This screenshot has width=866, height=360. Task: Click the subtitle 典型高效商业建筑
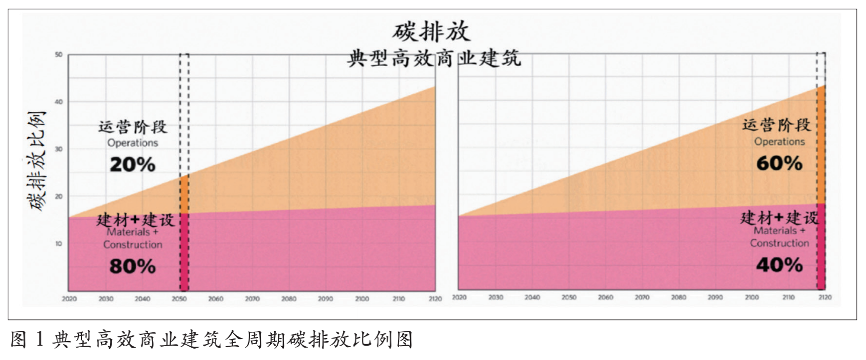[x=433, y=59]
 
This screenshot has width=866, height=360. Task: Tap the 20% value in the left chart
[x=132, y=164]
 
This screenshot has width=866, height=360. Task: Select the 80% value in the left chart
[x=132, y=266]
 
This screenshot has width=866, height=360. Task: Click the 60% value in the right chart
[x=779, y=163]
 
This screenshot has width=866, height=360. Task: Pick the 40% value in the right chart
[x=779, y=265]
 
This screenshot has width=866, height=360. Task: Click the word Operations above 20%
[x=133, y=143]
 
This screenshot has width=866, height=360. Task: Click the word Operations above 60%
[x=779, y=141]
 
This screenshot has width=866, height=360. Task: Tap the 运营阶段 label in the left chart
[x=133, y=127]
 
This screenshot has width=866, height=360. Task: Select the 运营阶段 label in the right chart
[x=779, y=125]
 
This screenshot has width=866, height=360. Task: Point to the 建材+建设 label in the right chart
[x=780, y=217]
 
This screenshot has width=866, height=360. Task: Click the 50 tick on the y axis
[x=59, y=54]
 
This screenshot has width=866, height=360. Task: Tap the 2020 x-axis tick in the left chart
[x=69, y=299]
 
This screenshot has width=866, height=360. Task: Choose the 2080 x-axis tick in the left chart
[x=289, y=299]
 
